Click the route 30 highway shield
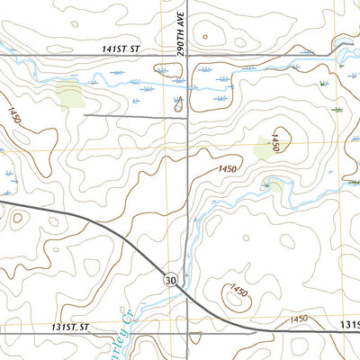(170, 282)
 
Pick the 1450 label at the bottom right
(298, 319)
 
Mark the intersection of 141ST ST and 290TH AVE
(187, 56)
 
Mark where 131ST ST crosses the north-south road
(187, 329)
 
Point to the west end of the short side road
(85, 114)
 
